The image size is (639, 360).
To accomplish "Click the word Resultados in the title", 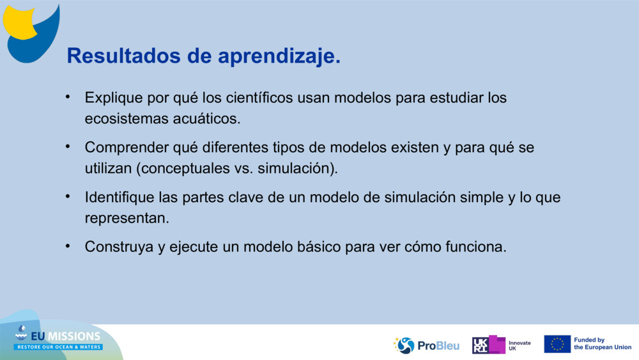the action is (123, 56).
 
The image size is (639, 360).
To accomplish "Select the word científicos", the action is (259, 97).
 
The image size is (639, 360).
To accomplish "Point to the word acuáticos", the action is (206, 119).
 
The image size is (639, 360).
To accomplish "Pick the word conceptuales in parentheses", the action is (185, 168).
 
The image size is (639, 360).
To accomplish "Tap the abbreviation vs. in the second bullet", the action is (243, 168).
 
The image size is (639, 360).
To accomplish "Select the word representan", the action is (127, 219).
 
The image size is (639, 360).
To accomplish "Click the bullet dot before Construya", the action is (68, 246).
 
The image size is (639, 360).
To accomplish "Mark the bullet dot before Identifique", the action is (68, 196).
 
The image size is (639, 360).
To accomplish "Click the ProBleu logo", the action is (426, 345).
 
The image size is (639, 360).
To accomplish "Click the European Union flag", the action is (557, 344).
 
